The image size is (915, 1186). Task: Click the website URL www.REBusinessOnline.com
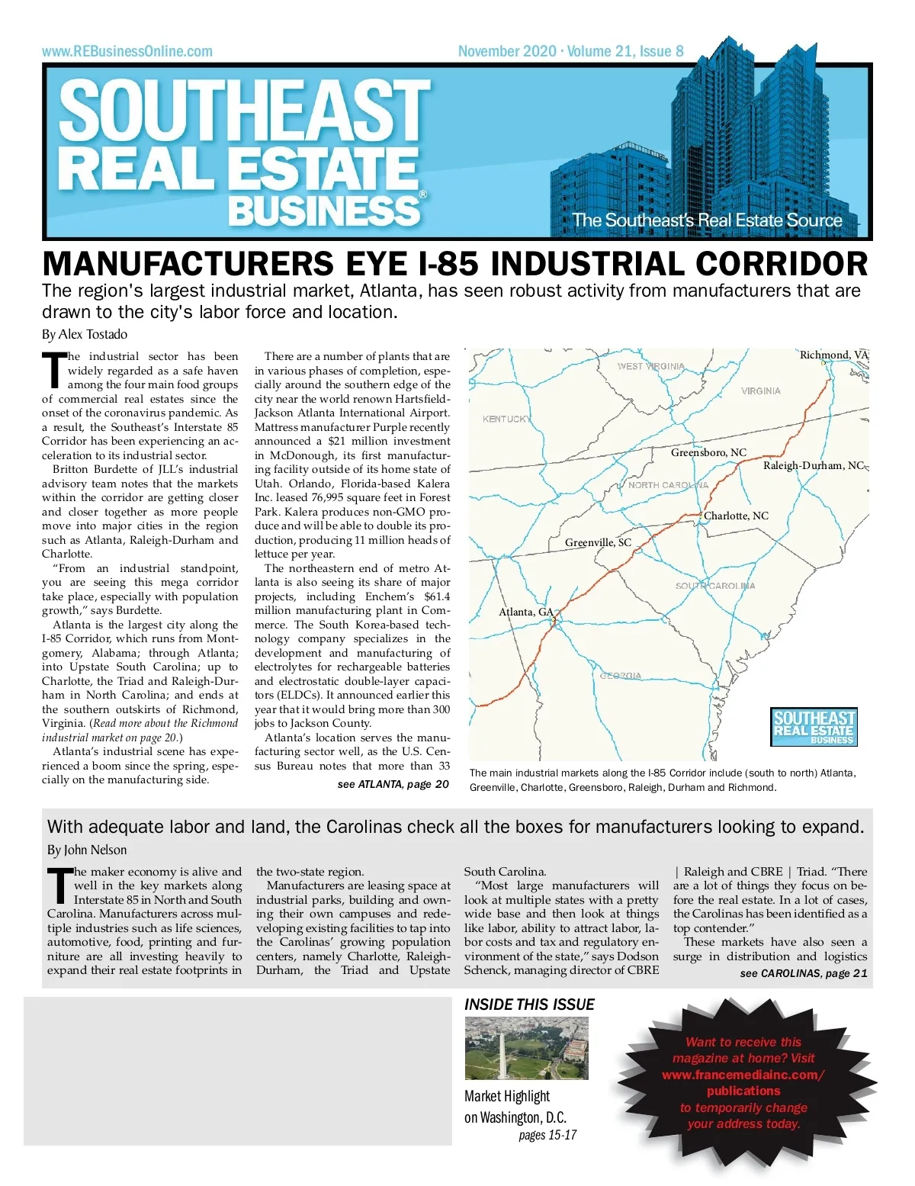[x=127, y=52]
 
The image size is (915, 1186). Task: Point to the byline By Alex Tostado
[x=85, y=334]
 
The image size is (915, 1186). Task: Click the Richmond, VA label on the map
[x=833, y=355]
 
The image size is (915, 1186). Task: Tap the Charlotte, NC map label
[x=736, y=516]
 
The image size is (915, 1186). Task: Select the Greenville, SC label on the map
[x=598, y=542]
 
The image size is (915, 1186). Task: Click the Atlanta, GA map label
[x=526, y=612]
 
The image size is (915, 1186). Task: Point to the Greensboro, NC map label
[x=708, y=452]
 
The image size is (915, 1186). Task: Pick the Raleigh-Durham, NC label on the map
[x=814, y=465]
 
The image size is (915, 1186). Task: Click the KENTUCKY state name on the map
[x=506, y=419]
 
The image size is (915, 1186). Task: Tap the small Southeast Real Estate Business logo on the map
[x=814, y=727]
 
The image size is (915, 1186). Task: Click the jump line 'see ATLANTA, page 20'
[x=393, y=784]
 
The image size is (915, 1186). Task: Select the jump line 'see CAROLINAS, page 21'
[x=804, y=973]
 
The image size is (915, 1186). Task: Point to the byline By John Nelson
[x=87, y=850]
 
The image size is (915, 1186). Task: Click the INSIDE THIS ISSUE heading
[x=529, y=1004]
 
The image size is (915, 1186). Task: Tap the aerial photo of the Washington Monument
[x=526, y=1049]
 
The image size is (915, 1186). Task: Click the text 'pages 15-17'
[x=547, y=1135]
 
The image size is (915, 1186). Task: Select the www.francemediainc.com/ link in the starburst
[x=743, y=1075]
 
